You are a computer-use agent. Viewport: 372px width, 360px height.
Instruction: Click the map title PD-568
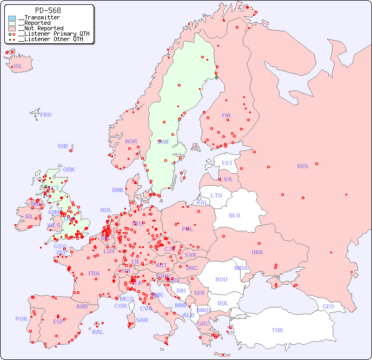(x=48, y=10)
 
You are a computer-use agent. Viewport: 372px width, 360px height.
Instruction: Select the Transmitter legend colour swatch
(x=12, y=18)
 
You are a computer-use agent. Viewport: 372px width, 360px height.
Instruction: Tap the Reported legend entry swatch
(x=12, y=23)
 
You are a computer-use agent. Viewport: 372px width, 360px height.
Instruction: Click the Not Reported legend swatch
(x=12, y=29)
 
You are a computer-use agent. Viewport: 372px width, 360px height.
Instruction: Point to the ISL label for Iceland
(x=18, y=67)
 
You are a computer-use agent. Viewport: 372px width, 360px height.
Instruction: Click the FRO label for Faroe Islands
(x=46, y=115)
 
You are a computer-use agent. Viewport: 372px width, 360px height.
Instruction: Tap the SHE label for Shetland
(x=63, y=146)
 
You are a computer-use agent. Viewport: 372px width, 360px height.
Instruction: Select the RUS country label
(x=302, y=166)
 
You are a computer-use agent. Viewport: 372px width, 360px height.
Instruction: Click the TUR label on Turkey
(x=277, y=330)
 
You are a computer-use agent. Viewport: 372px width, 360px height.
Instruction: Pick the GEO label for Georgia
(x=328, y=306)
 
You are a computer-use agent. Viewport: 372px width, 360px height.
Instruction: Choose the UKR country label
(x=257, y=252)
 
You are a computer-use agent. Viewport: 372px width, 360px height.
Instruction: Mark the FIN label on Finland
(x=226, y=115)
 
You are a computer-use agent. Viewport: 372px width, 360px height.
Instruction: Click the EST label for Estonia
(x=227, y=163)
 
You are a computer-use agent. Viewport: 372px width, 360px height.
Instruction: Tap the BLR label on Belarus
(x=235, y=215)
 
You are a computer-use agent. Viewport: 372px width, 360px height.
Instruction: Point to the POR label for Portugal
(x=21, y=319)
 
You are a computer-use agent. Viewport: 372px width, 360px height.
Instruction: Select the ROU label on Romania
(x=221, y=279)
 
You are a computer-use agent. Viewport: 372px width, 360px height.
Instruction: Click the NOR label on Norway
(x=131, y=141)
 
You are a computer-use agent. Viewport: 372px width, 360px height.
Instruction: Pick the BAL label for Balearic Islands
(x=98, y=332)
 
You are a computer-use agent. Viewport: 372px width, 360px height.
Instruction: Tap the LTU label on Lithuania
(x=216, y=195)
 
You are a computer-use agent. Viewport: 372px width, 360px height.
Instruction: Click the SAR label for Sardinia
(x=142, y=320)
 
